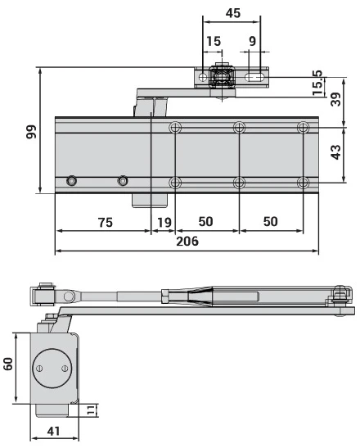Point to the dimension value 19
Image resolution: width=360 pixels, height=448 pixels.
(x=164, y=222)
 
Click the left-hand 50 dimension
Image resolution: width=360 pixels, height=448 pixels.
(x=206, y=222)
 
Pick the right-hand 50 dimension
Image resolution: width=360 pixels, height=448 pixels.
(x=271, y=222)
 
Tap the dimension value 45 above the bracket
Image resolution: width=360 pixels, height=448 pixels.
(x=232, y=13)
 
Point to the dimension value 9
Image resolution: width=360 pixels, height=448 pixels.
(x=252, y=41)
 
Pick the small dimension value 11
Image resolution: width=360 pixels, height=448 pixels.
(x=96, y=410)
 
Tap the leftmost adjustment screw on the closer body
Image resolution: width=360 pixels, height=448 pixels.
(x=73, y=180)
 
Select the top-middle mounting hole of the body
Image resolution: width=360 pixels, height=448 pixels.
(x=239, y=128)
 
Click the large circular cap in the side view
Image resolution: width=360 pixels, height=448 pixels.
(x=51, y=369)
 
